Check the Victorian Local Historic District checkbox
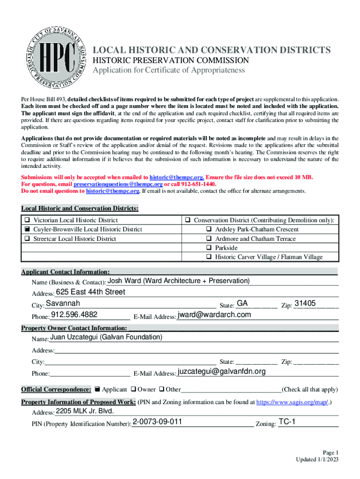(x=28, y=220)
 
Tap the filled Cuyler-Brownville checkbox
(x=28, y=229)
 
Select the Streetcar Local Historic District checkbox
(x=28, y=239)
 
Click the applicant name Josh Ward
(x=179, y=281)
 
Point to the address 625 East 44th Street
(x=90, y=292)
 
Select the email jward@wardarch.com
(x=214, y=315)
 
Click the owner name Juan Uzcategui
(x=106, y=337)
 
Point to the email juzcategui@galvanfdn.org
(x=222, y=371)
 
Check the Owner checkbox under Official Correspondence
(x=134, y=389)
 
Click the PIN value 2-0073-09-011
(x=157, y=422)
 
